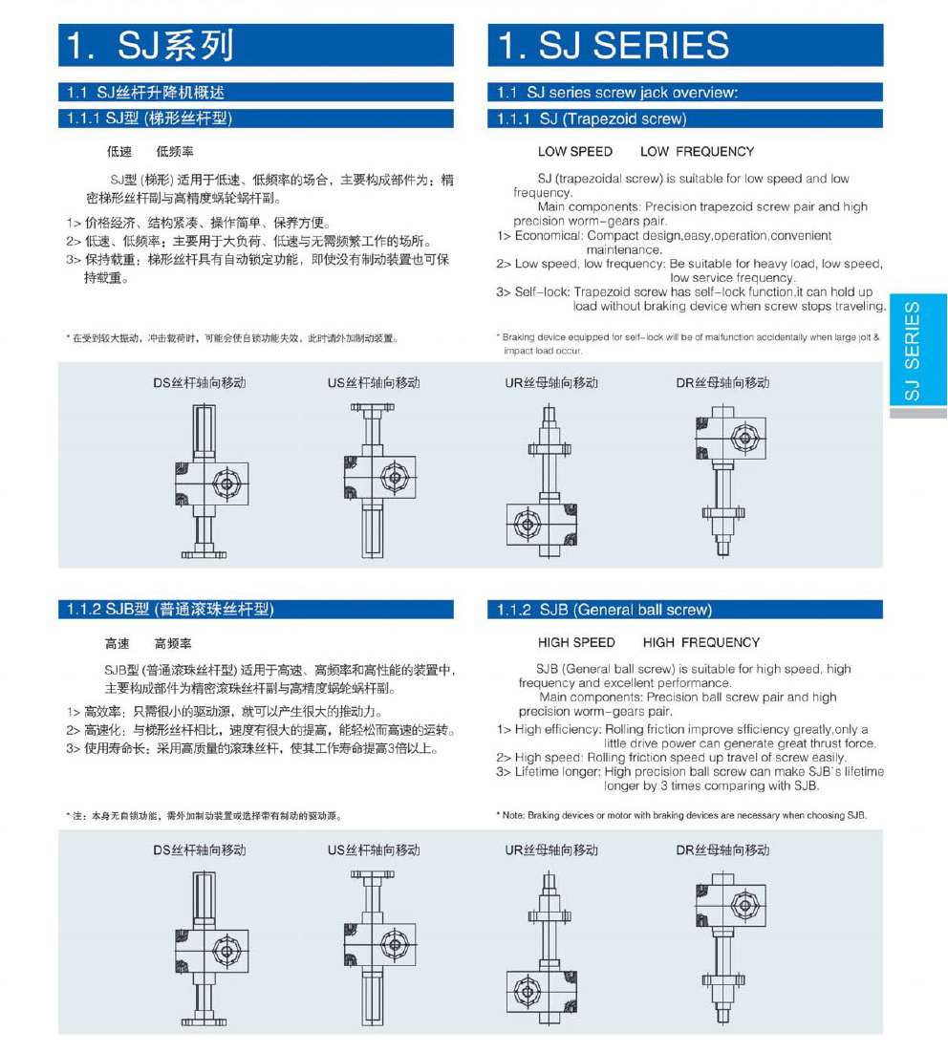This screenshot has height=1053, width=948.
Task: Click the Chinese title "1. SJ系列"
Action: [149, 45]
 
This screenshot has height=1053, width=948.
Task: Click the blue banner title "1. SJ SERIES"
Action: [614, 45]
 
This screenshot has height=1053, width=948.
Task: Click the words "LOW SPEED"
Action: [575, 152]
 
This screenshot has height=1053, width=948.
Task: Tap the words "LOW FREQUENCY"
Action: [697, 152]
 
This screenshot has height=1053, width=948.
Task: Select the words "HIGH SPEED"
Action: [576, 642]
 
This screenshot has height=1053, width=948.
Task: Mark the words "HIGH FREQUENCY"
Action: [701, 642]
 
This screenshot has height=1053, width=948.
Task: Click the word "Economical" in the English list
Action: [548, 235]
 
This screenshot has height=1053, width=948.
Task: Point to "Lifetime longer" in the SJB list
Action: [558, 772]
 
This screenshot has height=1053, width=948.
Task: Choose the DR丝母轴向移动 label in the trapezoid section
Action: [722, 383]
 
